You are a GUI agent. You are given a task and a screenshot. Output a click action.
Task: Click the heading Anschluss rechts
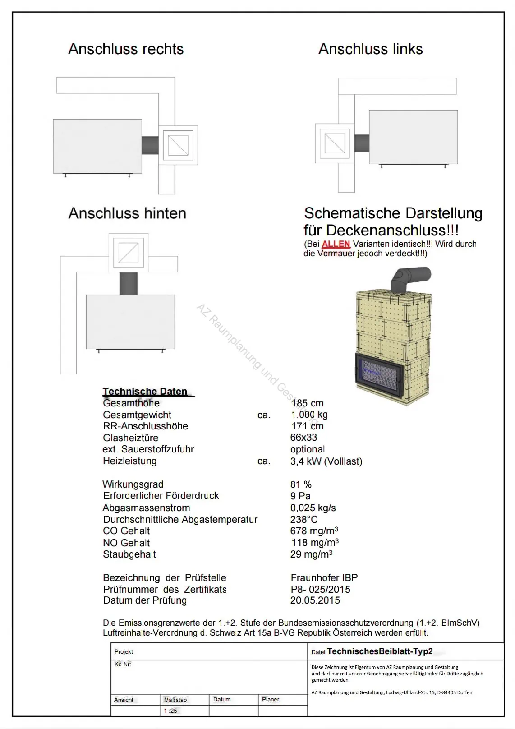pos(126,49)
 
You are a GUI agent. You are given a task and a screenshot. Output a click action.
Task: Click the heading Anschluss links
pos(370,49)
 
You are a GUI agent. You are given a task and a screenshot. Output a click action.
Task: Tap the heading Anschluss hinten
pos(127,213)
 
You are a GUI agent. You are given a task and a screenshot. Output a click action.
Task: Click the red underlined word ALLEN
pos(336,244)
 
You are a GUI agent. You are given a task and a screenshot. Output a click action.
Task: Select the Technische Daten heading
pos(145,391)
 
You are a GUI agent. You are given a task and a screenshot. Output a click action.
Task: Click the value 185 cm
pos(307,403)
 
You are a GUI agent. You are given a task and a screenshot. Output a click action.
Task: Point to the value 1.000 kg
pos(309,415)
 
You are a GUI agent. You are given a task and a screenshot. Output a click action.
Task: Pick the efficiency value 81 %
pos(301,484)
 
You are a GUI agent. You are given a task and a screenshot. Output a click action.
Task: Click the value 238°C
pos(304,519)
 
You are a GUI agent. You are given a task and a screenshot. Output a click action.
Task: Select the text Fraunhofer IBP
pos(324,577)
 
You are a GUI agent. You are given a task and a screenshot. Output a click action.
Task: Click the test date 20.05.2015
pos(315,600)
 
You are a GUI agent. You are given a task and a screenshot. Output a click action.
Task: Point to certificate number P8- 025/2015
pos(320,589)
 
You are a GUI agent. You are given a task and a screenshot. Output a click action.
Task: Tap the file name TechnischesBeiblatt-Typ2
pos(380,651)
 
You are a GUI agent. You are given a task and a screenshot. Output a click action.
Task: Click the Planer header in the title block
pos(271,699)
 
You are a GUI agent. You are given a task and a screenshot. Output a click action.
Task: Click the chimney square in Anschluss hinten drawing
pos(129,253)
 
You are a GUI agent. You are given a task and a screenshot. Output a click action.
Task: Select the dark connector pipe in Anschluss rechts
pos(150,145)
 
